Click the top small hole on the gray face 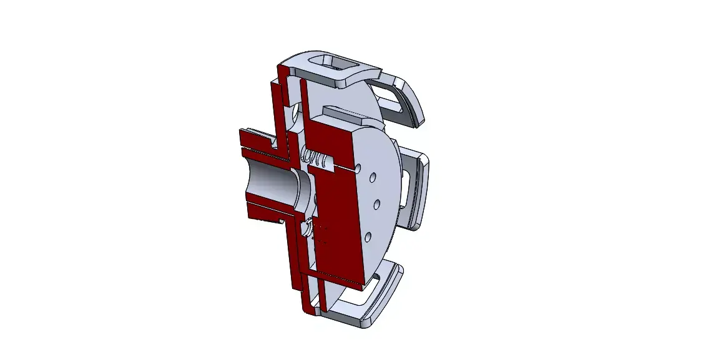372,178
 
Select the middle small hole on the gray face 376,204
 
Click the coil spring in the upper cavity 317,158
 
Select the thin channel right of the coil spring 343,167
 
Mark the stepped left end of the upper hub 245,140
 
